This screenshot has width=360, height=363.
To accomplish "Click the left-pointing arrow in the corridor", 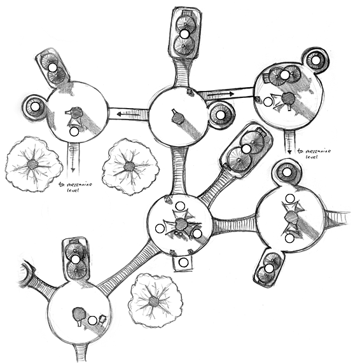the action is [128, 114].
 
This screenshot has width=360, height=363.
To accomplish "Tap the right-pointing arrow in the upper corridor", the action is [221, 94].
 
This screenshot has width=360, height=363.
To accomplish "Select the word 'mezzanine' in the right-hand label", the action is [318, 152].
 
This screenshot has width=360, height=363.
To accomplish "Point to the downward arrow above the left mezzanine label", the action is [73, 158].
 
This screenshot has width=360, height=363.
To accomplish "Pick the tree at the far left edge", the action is [34, 164].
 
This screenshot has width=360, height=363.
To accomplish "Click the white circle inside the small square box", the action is [184, 263].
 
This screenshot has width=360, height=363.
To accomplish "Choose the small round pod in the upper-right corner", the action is [315, 60].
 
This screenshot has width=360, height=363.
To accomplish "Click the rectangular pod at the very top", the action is [184, 32].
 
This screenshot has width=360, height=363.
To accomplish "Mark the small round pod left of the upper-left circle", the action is [35, 107].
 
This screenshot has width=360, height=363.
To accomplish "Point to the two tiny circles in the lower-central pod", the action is [177, 234].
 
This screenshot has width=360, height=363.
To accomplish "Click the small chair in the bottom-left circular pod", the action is [102, 320].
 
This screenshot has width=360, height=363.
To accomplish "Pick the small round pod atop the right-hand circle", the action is [287, 172].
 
